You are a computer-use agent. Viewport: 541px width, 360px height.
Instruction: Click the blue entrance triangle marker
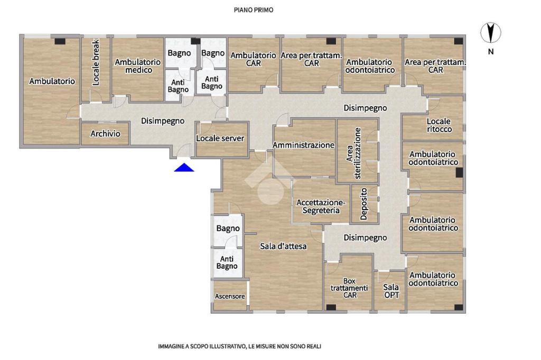pos(184,167)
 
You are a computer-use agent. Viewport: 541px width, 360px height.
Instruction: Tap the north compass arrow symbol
pos(491,33)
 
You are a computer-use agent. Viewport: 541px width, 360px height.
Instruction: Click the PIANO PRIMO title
pos(254,10)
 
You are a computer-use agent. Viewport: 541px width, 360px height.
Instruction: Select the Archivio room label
pos(105,134)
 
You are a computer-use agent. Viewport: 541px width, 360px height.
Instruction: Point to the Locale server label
pos(220,138)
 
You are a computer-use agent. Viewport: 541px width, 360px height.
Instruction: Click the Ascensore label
pos(230,296)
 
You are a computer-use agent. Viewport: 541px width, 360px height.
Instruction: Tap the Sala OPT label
pos(391,291)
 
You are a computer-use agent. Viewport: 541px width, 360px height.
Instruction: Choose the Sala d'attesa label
pos(283,246)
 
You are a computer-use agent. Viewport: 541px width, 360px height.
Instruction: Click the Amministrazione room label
pos(304,145)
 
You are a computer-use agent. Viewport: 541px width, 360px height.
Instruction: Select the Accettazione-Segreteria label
pos(321,206)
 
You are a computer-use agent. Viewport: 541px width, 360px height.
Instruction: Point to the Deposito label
pos(363,204)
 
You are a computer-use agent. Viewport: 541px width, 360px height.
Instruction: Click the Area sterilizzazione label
pos(353,154)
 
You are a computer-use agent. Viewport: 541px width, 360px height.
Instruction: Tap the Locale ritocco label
pos(439,125)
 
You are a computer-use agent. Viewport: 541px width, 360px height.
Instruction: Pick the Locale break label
pos(96,62)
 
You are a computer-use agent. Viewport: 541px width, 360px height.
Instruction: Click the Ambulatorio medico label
pos(138,66)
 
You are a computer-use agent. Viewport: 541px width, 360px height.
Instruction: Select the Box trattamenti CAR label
pos(349,288)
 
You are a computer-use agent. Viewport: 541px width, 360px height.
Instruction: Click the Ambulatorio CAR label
pos(253,59)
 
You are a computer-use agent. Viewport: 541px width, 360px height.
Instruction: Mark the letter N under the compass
pos(491,51)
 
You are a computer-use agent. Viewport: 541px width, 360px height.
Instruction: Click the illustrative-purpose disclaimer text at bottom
pos(239,346)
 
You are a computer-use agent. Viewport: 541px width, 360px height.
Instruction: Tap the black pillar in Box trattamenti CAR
pos(331,307)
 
